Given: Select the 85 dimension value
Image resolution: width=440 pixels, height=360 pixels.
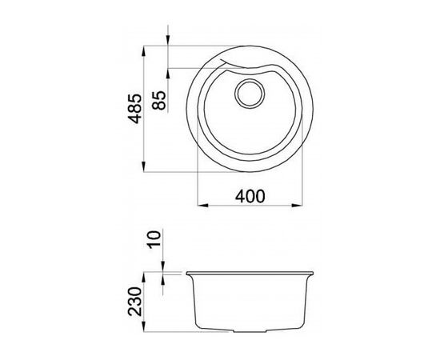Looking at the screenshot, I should coord(159,101).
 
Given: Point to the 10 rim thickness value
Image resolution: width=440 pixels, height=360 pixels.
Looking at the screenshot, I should coord(157,238).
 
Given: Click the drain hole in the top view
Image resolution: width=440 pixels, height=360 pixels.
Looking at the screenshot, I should coord(249,92).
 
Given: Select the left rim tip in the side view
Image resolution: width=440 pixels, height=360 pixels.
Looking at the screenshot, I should coord(186,273).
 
